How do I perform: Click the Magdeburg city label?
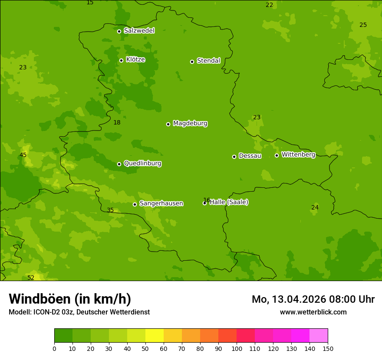point(190,124)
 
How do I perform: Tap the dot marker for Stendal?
point(192,62)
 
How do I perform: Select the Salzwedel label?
point(139,31)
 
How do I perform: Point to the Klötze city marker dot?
point(121,60)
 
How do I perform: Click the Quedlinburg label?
point(142,164)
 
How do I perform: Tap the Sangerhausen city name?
point(161,203)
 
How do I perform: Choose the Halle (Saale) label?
point(229,202)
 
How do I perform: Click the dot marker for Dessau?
point(234,157)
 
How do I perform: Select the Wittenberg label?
point(298,155)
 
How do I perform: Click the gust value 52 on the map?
point(31,278)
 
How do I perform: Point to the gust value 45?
point(23,155)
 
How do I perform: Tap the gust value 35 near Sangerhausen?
point(110,210)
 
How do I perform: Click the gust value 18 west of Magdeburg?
point(117,122)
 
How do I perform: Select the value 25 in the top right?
point(363,25)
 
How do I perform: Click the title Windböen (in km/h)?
point(69,299)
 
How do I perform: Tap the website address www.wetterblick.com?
point(313,312)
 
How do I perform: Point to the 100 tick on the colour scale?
point(237,348)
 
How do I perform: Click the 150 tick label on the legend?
point(328,348)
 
